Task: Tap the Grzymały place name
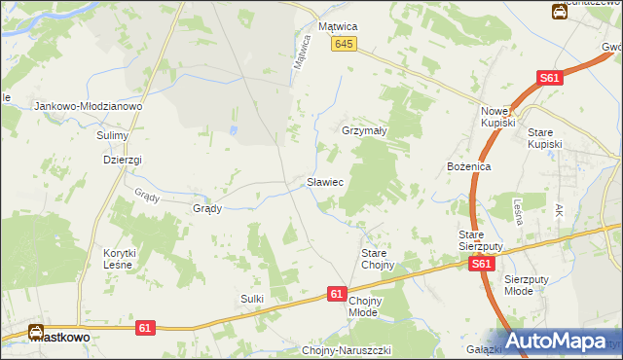(x=365, y=130)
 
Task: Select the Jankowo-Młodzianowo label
(x=89, y=106)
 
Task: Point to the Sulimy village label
(x=113, y=136)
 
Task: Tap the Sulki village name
(x=252, y=299)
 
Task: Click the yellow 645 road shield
(x=344, y=45)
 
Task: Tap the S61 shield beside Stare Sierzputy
(x=478, y=264)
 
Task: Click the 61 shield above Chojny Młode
(x=337, y=293)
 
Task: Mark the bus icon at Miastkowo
(x=37, y=333)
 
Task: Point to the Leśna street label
(x=519, y=211)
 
